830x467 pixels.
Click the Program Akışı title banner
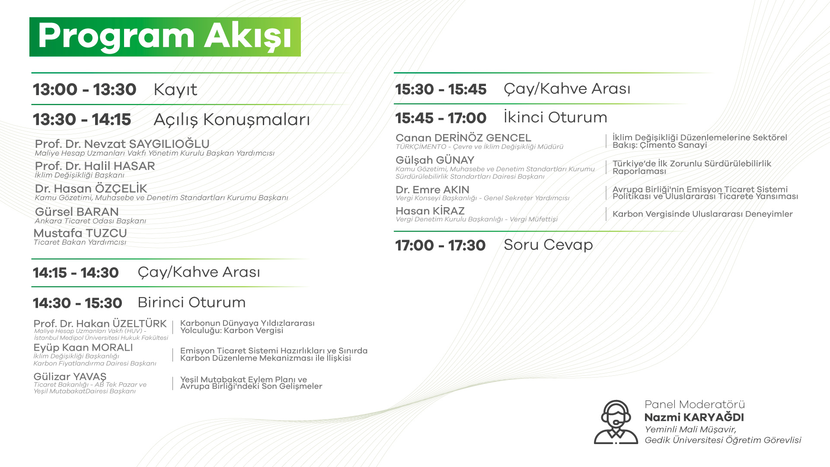(165, 37)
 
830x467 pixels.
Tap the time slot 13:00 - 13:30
(85, 90)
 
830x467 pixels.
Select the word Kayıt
(176, 90)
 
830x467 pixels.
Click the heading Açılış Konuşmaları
(232, 120)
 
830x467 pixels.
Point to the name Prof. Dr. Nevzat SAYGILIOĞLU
(122, 144)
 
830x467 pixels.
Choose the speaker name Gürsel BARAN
(77, 211)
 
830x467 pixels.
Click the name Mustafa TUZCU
(80, 233)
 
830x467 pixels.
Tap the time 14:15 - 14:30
(76, 273)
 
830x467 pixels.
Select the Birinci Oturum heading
(192, 302)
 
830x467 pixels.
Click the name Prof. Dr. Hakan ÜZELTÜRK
(100, 323)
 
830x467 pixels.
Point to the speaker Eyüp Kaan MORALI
(83, 348)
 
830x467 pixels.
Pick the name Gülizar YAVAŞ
(70, 377)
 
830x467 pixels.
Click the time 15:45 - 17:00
(441, 118)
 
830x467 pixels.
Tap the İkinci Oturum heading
(555, 117)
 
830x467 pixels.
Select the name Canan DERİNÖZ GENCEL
(463, 138)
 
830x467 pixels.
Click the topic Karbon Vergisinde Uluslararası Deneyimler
(702, 214)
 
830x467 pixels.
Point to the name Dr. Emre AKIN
(432, 189)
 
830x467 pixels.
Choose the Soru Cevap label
(548, 245)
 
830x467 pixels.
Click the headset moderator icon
(616, 422)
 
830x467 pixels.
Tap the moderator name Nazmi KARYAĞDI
(694, 417)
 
